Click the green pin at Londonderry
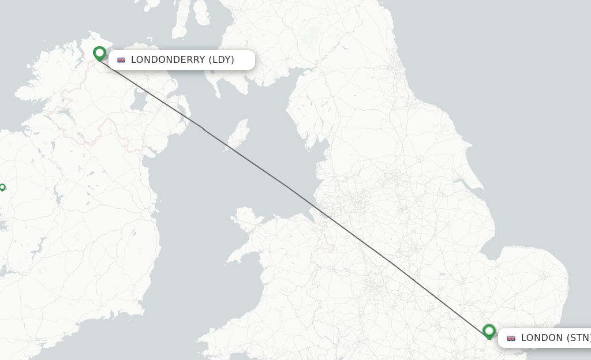[x=99, y=54]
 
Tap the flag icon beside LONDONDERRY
[x=121, y=60]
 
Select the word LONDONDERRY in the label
[x=168, y=60]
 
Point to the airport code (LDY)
[x=221, y=60]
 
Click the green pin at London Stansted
[x=489, y=331]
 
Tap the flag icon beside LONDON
[x=511, y=338]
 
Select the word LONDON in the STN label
[x=542, y=338]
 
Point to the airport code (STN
[x=578, y=338]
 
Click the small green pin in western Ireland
[x=2, y=187]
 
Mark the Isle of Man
[x=238, y=134]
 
